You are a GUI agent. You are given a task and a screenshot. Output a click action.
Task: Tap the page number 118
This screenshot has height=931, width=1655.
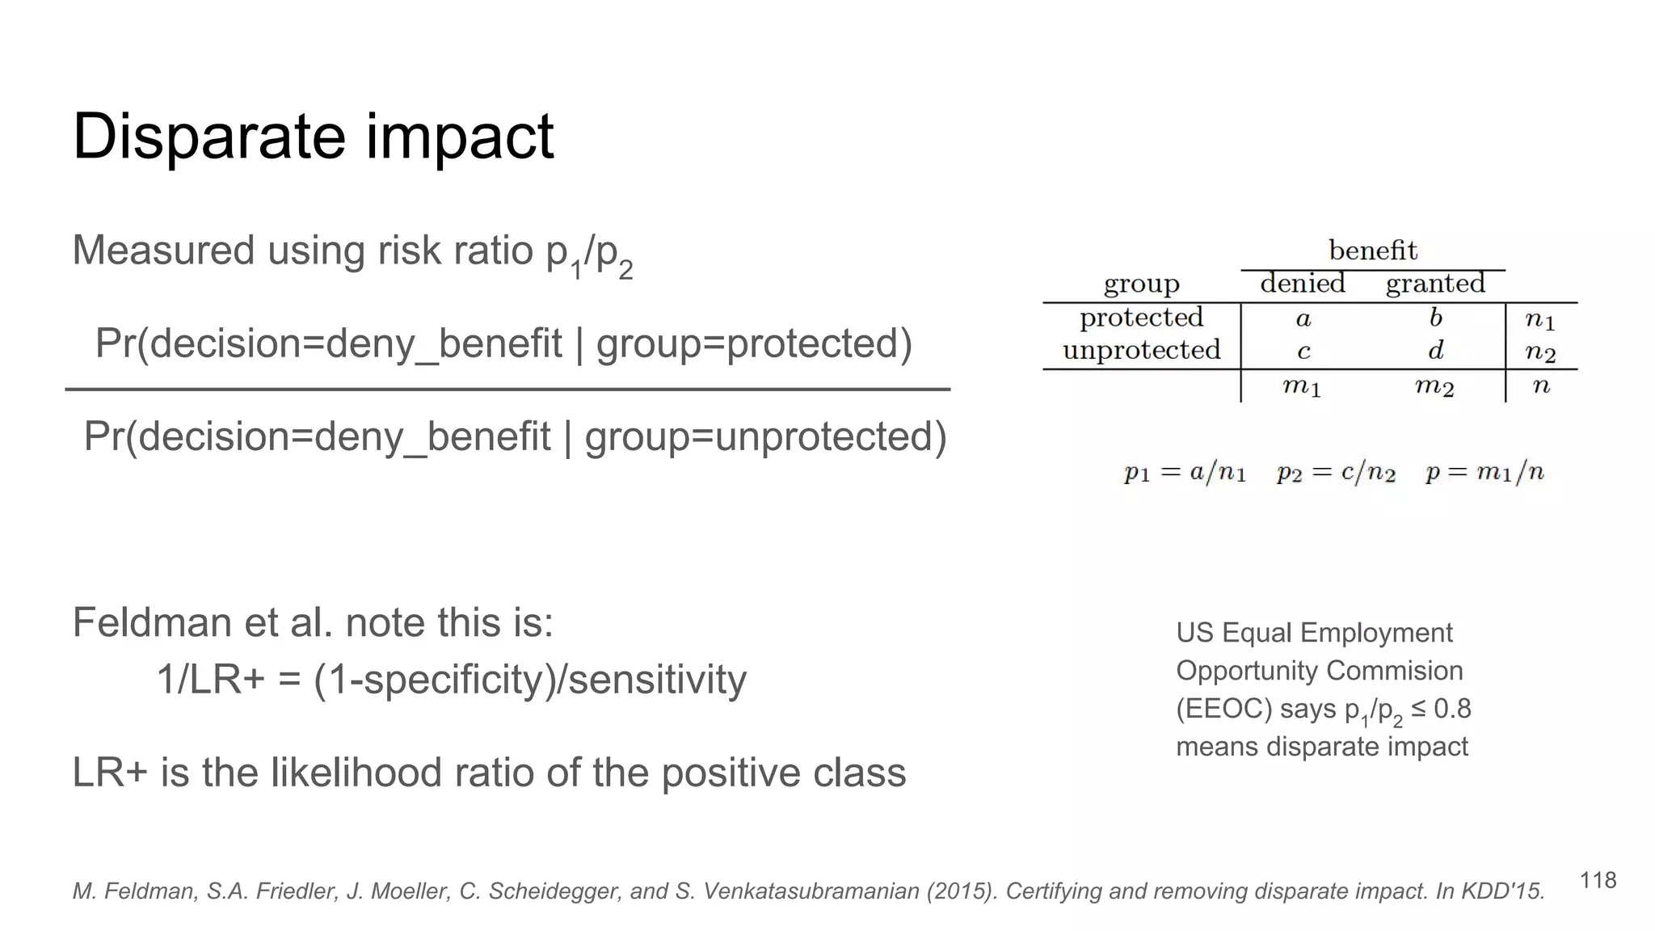pos(1598,880)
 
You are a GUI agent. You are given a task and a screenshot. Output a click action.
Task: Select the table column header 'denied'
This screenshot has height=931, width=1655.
pos(1303,283)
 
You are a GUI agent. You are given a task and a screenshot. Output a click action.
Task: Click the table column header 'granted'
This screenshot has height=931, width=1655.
pos(1435,283)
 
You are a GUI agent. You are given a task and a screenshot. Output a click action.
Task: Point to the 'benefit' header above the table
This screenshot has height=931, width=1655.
pos(1372,250)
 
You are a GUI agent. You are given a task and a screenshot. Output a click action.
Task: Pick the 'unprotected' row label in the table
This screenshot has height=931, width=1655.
pos(1141,350)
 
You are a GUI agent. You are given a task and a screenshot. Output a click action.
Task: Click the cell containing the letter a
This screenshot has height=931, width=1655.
pos(1303,319)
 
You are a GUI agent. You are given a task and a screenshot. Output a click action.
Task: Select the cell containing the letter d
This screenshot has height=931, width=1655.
pos(1435,351)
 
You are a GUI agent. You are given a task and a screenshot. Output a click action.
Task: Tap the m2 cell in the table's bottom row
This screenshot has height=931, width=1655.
pos(1434,386)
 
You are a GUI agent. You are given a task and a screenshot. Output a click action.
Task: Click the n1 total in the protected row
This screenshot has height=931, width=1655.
pos(1539,320)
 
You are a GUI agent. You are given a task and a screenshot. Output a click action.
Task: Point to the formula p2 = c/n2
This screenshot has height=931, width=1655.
pos(1336,472)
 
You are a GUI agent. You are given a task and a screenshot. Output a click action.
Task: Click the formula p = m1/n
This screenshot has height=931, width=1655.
pos(1484,472)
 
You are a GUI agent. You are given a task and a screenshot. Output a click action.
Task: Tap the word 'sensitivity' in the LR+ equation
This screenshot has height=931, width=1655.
pos(657,679)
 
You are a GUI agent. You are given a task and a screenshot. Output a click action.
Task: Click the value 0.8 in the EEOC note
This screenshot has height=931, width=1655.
pos(1452,709)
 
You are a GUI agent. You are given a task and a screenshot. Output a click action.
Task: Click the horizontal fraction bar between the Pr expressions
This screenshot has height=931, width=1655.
pos(507,390)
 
